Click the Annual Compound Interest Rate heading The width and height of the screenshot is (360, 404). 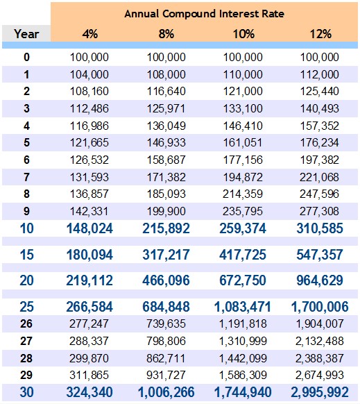pyautogui.click(x=204, y=13)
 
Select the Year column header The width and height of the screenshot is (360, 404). pyautogui.click(x=26, y=33)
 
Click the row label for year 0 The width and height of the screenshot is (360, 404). pyautogui.click(x=26, y=57)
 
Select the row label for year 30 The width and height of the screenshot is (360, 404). pyautogui.click(x=26, y=392)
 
